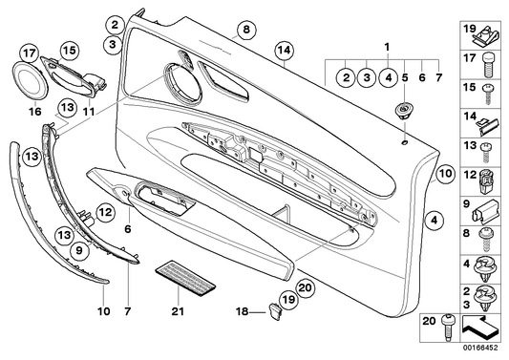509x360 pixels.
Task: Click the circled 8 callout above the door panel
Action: pyautogui.click(x=246, y=30)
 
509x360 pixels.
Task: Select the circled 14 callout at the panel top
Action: pyautogui.click(x=284, y=51)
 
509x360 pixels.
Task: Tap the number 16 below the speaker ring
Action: pyautogui.click(x=35, y=112)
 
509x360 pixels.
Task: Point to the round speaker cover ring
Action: pyautogui.click(x=30, y=80)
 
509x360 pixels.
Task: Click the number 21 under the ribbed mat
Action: pyautogui.click(x=178, y=311)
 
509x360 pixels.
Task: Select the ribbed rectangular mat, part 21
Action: pyautogui.click(x=185, y=277)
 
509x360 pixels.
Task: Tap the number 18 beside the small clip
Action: pyautogui.click(x=242, y=311)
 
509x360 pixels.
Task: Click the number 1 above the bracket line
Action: pyautogui.click(x=387, y=47)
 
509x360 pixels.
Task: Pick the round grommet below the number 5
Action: pyautogui.click(x=403, y=111)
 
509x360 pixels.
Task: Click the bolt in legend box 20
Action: pyautogui.click(x=449, y=328)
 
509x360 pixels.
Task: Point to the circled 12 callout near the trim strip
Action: pyautogui.click(x=105, y=213)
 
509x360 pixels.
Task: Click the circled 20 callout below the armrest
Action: pyautogui.click(x=306, y=287)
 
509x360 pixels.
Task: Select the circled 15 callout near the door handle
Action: pyautogui.click(x=69, y=51)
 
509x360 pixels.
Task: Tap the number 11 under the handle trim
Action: pyautogui.click(x=89, y=112)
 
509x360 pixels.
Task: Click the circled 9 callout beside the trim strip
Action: pyautogui.click(x=79, y=250)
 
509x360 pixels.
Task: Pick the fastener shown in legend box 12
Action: pyautogui.click(x=487, y=181)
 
